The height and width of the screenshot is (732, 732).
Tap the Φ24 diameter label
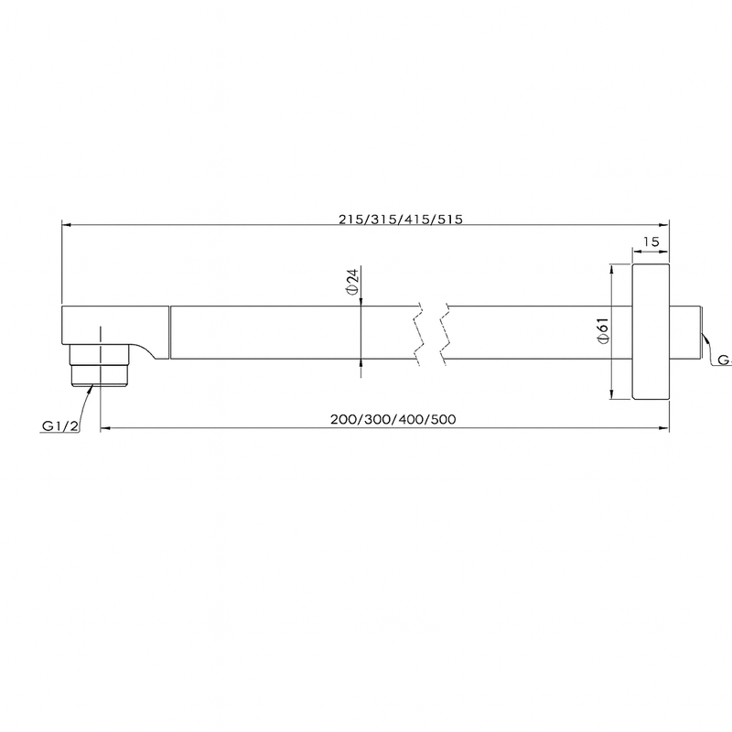pos(352,282)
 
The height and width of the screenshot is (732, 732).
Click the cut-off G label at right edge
pos(723,360)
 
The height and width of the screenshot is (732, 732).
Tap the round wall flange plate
pos(651,332)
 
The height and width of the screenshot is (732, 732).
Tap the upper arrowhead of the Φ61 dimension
pos(610,267)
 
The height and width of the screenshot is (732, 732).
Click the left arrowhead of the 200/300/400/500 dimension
pos(103,427)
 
